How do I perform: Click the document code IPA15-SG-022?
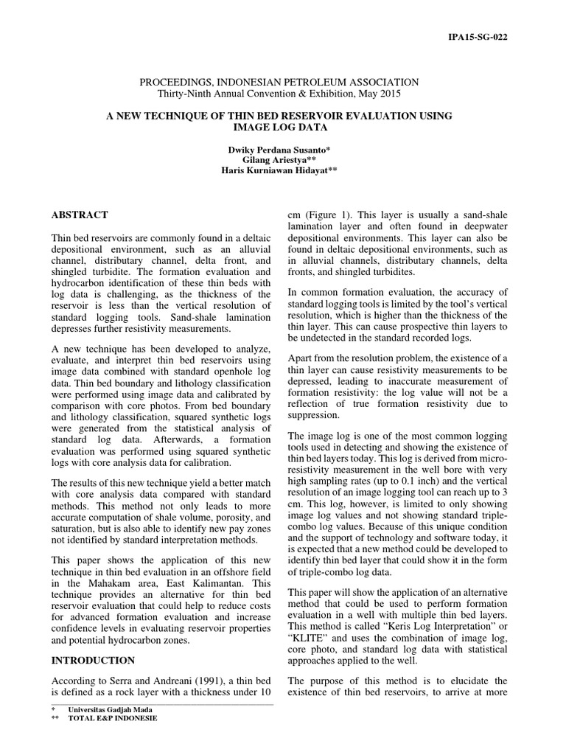click(x=477, y=36)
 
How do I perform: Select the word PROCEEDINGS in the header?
click(x=172, y=83)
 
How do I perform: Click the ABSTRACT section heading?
click(x=80, y=215)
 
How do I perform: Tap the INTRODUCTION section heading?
click(x=93, y=660)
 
